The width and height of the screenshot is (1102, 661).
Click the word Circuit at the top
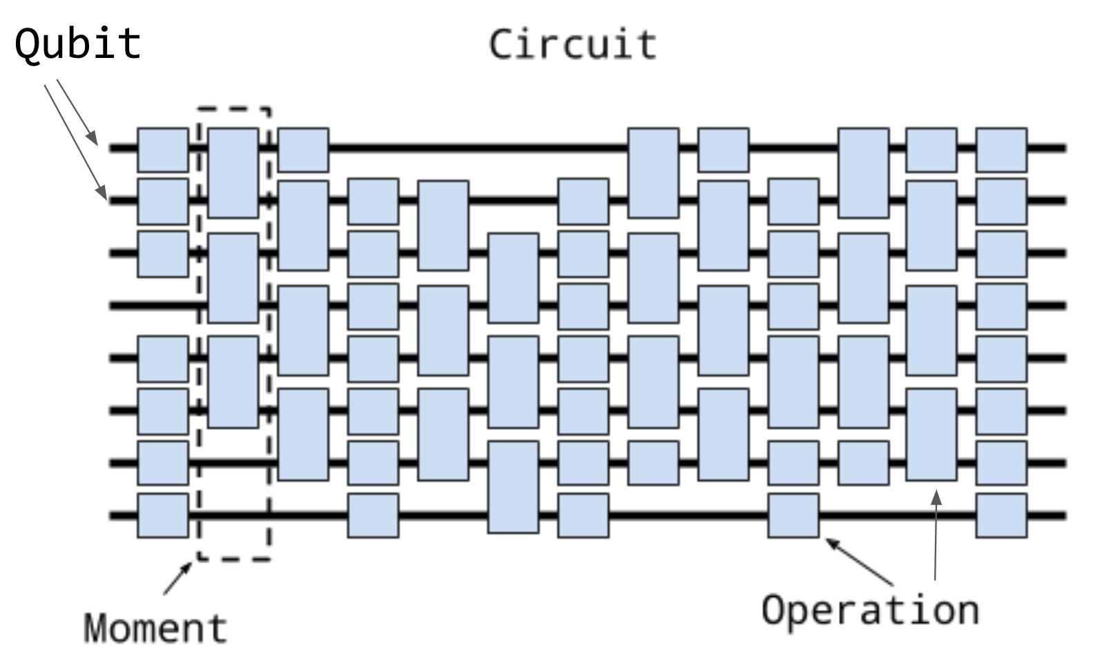tap(572, 44)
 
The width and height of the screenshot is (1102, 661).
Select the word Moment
tap(155, 628)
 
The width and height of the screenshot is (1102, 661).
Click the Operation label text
tap(870, 610)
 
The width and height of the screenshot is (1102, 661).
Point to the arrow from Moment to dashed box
tap(177, 578)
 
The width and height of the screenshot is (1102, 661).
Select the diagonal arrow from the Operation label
tap(860, 560)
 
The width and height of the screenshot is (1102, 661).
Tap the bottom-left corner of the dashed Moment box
tap(199, 559)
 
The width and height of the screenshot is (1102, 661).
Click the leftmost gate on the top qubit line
tap(163, 149)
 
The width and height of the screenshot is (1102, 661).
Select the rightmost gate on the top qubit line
tap(1001, 149)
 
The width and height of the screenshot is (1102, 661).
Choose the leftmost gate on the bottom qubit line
tap(163, 515)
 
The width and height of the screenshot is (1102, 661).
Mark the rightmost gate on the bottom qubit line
tap(1001, 515)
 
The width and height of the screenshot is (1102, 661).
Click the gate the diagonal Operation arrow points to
tap(793, 515)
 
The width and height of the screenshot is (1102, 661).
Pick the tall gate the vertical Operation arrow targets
tap(931, 435)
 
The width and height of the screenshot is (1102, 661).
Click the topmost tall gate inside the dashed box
tap(233, 172)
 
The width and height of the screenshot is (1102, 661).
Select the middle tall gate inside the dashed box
tap(233, 277)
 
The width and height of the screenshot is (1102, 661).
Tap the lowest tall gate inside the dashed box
tap(233, 382)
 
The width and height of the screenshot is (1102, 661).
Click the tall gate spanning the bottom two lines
tap(513, 487)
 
